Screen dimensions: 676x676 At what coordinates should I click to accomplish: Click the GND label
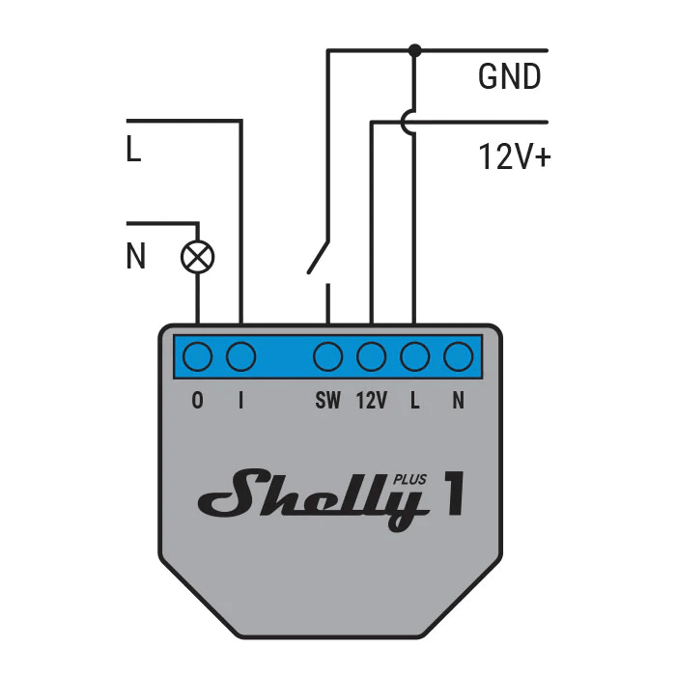click(509, 77)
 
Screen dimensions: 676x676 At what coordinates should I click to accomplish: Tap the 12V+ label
click(514, 157)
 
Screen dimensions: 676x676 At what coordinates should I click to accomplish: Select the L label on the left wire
click(133, 152)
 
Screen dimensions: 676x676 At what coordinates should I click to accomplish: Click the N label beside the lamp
click(136, 257)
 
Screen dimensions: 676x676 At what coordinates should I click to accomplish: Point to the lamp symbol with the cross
click(198, 257)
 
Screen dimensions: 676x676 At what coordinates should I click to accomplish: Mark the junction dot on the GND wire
click(414, 50)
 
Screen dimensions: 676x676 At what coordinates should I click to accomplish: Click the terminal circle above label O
click(198, 357)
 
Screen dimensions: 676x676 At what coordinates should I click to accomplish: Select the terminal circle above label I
click(240, 357)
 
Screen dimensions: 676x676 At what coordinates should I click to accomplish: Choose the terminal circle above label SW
click(328, 357)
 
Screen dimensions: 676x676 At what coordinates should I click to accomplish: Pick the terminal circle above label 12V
click(372, 357)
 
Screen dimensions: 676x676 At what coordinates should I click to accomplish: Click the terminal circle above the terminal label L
click(414, 357)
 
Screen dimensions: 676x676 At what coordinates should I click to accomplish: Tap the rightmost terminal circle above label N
click(458, 357)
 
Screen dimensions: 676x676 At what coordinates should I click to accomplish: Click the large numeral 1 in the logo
click(451, 493)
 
